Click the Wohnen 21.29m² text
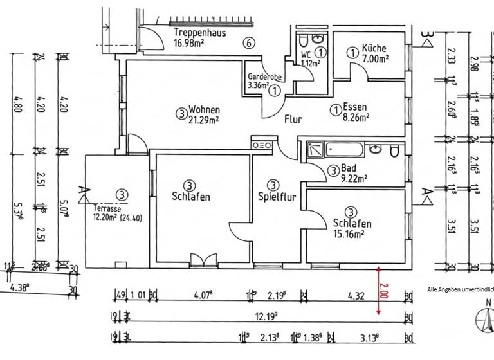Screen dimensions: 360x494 click(205, 114)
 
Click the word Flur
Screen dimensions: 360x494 click(293, 119)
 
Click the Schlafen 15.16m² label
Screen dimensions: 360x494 click(352, 228)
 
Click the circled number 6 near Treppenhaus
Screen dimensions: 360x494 click(248, 43)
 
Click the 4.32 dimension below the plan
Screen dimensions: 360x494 click(356, 296)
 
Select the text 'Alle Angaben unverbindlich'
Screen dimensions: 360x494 click(460, 289)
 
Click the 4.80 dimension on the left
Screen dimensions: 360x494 click(15, 103)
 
